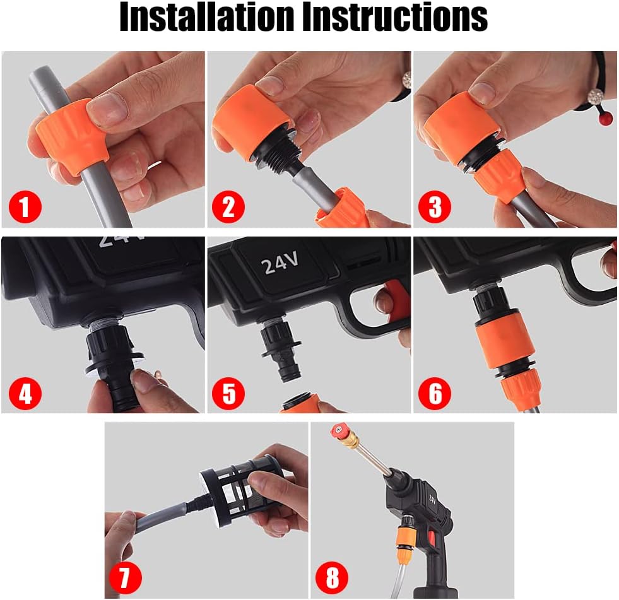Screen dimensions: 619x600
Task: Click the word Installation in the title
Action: click(207, 18)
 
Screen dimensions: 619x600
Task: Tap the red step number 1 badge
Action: click(25, 206)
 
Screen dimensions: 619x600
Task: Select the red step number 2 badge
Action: click(228, 206)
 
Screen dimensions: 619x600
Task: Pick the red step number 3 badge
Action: click(435, 206)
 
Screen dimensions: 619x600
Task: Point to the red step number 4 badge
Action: click(25, 394)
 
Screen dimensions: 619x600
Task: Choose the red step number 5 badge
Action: click(228, 394)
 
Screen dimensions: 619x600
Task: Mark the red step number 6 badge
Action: click(435, 394)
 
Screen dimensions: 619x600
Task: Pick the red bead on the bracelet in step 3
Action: click(604, 119)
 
